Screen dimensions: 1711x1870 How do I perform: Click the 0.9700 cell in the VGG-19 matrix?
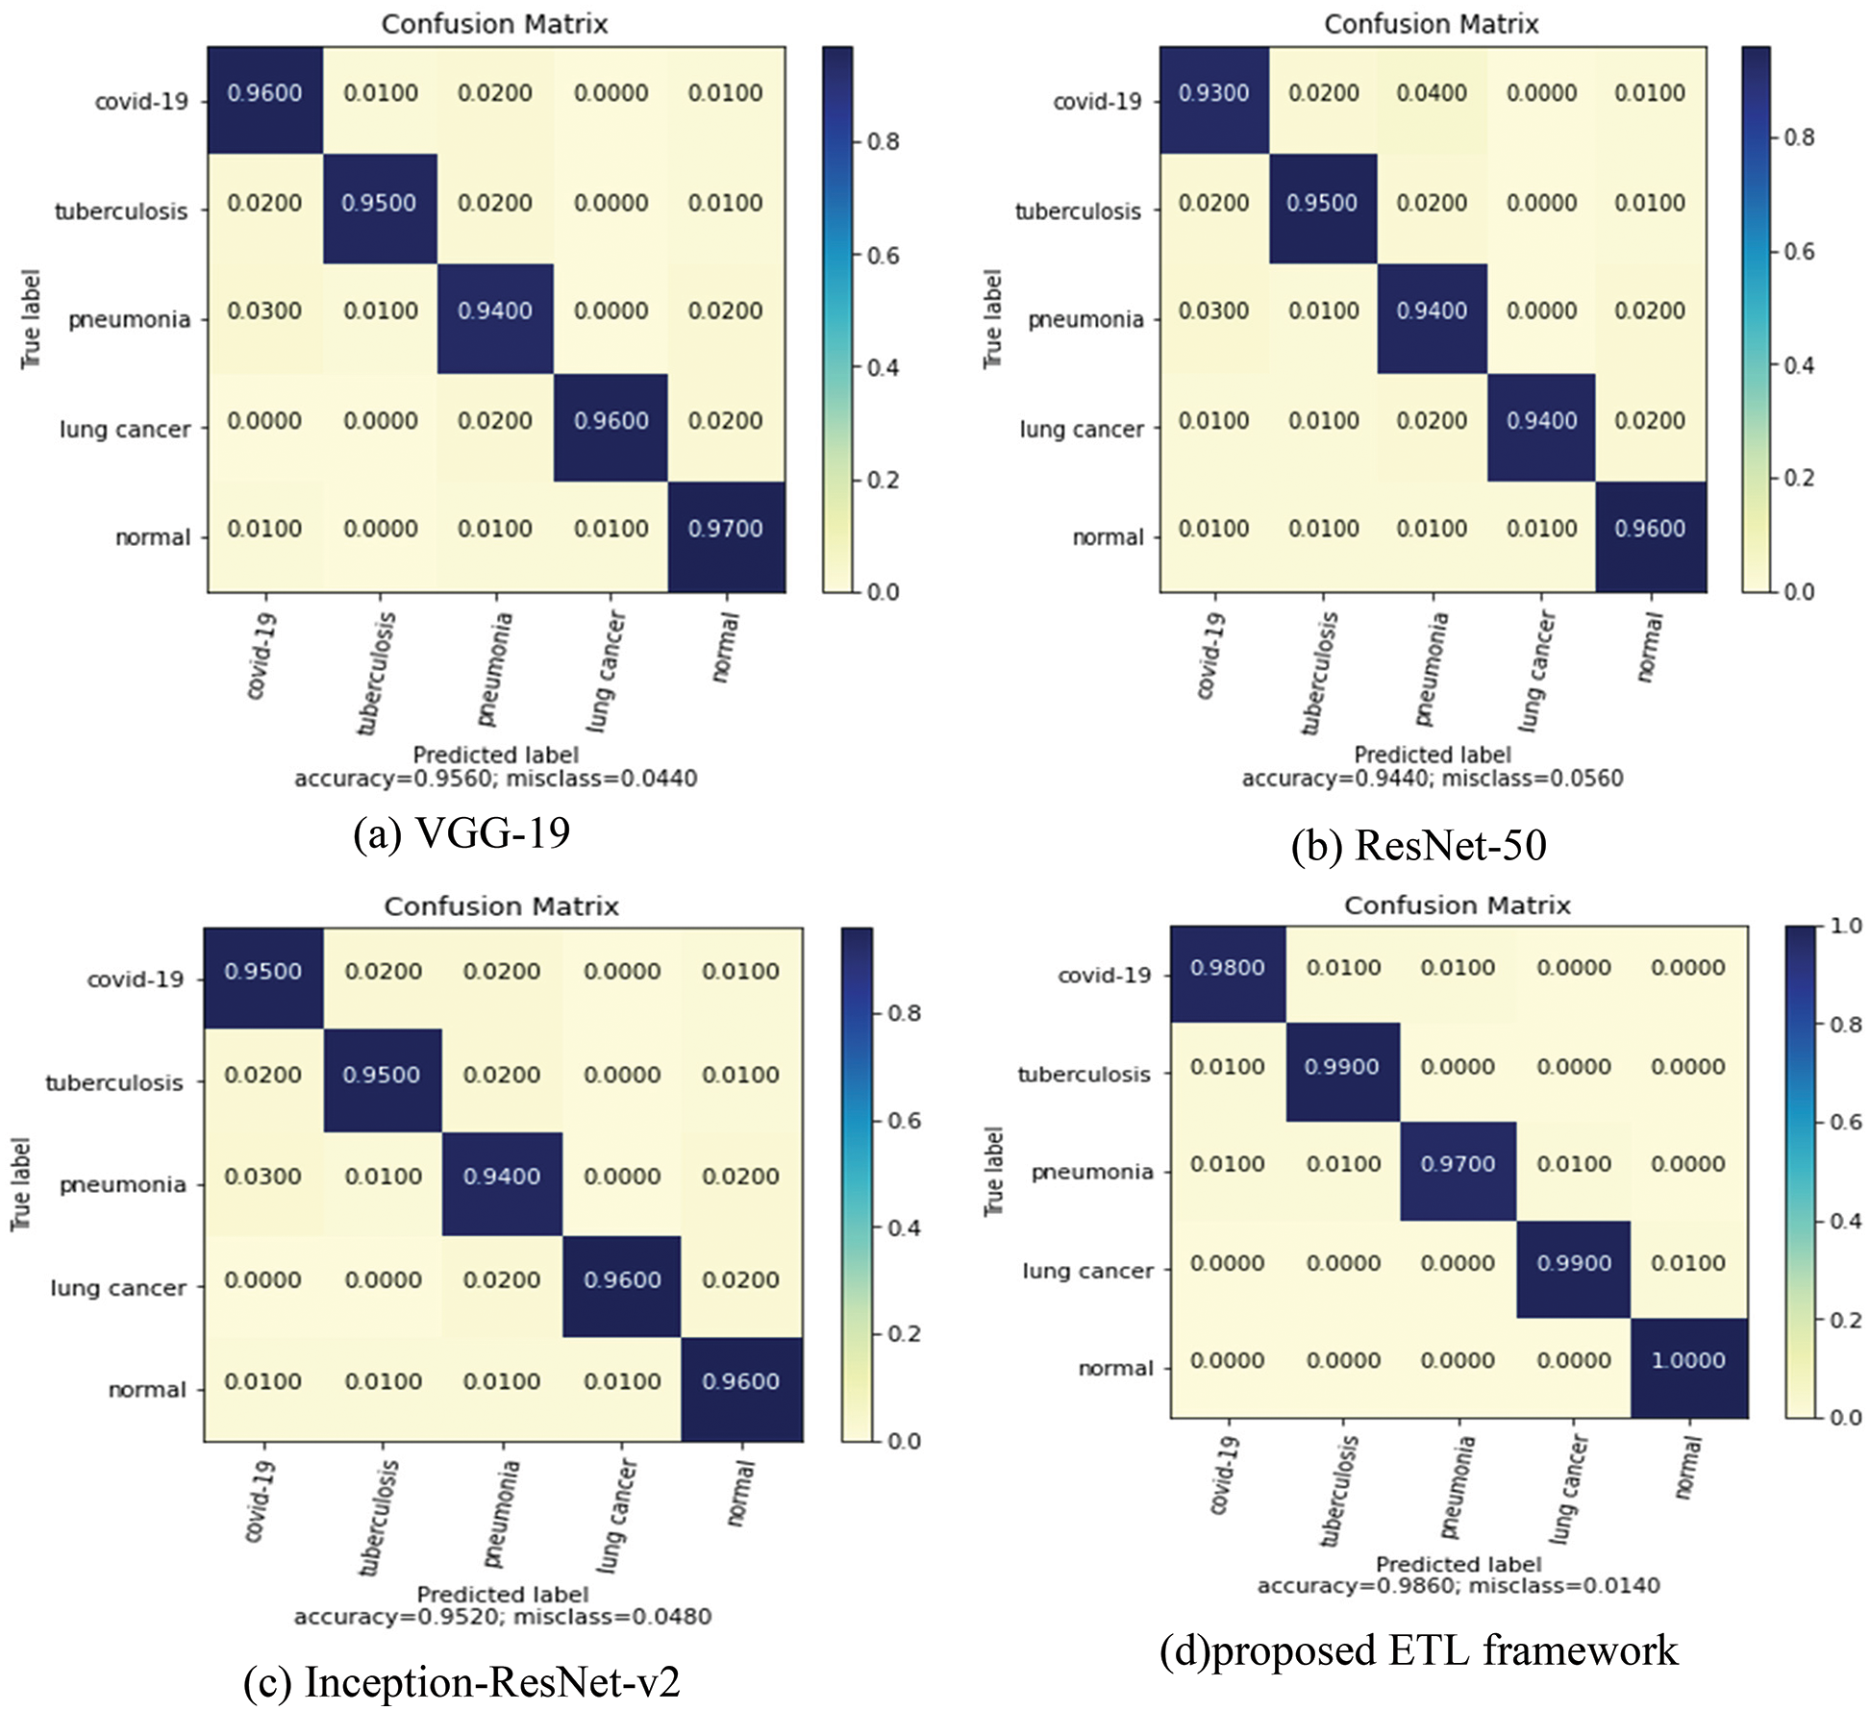(x=726, y=529)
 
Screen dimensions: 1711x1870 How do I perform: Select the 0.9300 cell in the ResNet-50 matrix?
(x=1213, y=93)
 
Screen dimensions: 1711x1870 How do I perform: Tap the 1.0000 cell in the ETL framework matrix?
(x=1688, y=1360)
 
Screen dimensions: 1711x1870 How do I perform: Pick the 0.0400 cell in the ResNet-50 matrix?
(x=1432, y=93)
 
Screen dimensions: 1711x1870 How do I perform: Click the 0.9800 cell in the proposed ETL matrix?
(x=1228, y=968)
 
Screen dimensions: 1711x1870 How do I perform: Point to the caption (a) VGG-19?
(x=461, y=832)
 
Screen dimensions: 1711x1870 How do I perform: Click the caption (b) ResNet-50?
(x=1419, y=845)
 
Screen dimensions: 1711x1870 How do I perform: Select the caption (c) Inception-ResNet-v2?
(x=461, y=1682)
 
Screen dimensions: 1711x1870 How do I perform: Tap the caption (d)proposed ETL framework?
(x=1419, y=1650)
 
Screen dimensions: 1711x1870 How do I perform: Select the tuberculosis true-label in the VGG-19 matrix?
(x=121, y=211)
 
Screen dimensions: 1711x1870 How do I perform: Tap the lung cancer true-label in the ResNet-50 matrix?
(x=1082, y=429)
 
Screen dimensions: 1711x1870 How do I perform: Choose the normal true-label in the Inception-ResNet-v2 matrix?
(x=146, y=1390)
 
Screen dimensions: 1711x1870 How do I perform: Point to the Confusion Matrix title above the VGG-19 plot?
(x=494, y=24)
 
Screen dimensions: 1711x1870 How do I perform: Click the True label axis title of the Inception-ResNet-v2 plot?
(x=21, y=1184)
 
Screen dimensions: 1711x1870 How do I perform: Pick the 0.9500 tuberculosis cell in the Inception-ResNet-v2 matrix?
(x=382, y=1075)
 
